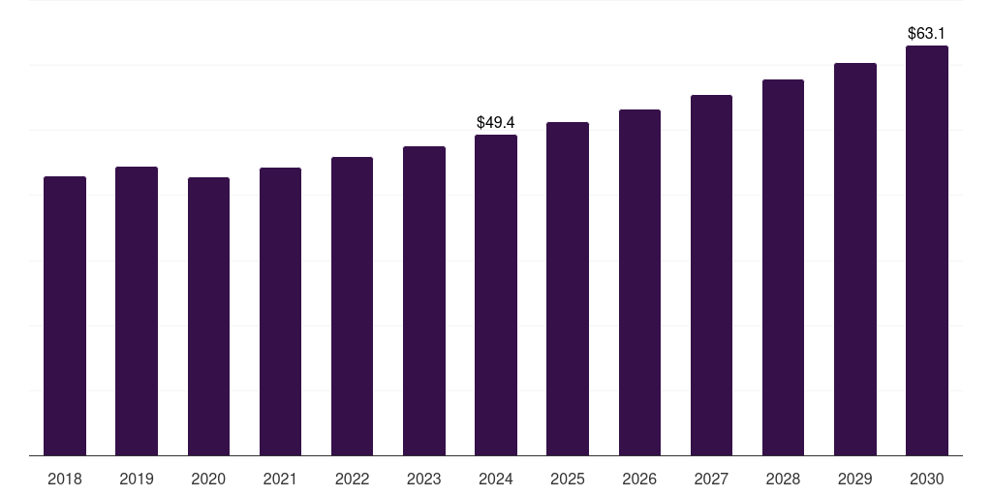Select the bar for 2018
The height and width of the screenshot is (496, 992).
[x=65, y=316]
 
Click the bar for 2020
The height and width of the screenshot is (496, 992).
[x=208, y=317]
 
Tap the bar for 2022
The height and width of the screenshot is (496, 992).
[x=352, y=306]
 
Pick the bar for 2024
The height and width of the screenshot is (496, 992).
[x=496, y=294]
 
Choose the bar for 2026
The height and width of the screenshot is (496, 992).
[x=639, y=282]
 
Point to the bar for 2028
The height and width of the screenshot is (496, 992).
[x=783, y=267]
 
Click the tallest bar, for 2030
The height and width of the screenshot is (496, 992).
[x=927, y=251]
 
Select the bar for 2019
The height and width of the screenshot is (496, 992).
[x=137, y=311]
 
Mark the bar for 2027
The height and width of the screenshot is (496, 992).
[x=711, y=275]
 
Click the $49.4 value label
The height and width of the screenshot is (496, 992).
[x=496, y=122]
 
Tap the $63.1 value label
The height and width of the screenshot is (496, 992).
[x=926, y=34]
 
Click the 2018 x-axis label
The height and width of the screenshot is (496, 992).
[x=65, y=480]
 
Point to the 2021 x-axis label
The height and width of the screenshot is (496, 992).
[x=280, y=480]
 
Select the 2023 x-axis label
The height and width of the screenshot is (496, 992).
[x=424, y=480]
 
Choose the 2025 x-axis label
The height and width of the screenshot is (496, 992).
[x=568, y=480]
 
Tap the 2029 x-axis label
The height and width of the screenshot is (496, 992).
[x=854, y=480]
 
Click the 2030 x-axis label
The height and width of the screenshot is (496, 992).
[x=927, y=480]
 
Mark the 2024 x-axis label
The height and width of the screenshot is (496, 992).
[x=496, y=480]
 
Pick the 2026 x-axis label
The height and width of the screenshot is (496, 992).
[x=639, y=480]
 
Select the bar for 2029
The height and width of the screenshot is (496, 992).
[x=855, y=260]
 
